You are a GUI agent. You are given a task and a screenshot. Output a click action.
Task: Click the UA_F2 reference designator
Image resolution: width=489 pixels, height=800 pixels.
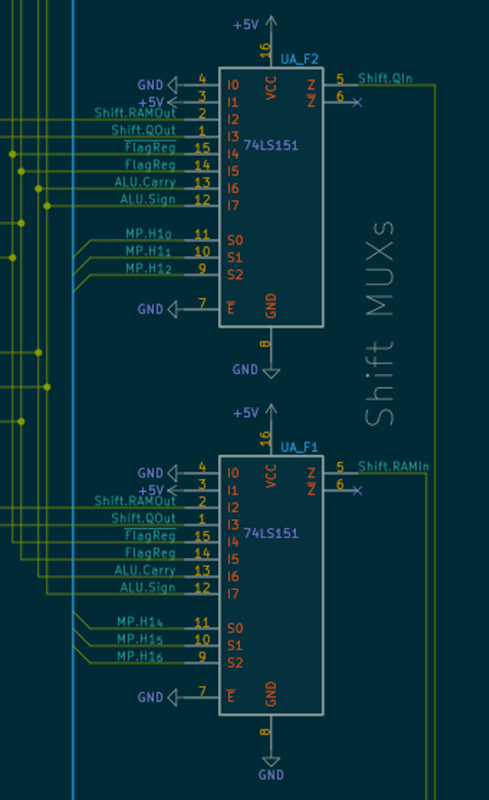(x=300, y=59)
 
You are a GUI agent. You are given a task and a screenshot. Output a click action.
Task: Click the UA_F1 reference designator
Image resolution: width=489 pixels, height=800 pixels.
(x=300, y=448)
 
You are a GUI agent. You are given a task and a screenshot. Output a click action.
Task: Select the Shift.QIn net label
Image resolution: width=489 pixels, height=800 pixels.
(x=385, y=78)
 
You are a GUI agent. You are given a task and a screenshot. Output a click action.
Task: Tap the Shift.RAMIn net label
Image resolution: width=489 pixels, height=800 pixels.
(x=393, y=467)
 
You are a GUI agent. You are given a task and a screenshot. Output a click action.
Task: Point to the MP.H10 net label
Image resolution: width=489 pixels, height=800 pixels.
(x=149, y=234)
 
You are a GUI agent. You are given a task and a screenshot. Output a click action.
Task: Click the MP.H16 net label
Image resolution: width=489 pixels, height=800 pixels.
(x=139, y=656)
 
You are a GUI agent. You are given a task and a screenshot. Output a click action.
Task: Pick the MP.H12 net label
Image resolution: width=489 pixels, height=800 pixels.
(x=149, y=268)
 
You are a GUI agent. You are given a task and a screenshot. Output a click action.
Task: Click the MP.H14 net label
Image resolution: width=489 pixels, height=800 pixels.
(x=139, y=622)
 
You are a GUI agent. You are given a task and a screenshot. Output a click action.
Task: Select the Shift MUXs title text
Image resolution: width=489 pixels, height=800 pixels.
(x=379, y=323)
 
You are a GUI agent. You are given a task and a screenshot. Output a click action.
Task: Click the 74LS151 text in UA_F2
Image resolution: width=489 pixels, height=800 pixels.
(x=271, y=145)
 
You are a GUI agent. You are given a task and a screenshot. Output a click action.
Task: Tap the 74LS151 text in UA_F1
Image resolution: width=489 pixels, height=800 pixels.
(x=271, y=534)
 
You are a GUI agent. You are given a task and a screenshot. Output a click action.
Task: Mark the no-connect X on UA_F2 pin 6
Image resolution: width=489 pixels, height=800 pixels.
(x=357, y=102)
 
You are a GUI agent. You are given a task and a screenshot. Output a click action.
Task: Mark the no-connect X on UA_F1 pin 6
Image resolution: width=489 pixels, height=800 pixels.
(x=357, y=490)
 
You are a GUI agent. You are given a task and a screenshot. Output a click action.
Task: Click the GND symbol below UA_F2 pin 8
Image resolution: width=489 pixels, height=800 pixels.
(x=271, y=373)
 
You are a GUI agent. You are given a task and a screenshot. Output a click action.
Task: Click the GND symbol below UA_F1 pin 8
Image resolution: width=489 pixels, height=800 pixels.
(x=271, y=762)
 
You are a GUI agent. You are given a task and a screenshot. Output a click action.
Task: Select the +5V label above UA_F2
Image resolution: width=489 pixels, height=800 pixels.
(x=245, y=24)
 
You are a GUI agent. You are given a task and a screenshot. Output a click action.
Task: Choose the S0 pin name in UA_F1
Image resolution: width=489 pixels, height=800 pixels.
(x=235, y=628)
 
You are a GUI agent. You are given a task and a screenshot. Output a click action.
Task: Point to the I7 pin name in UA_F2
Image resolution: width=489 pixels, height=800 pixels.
(x=233, y=206)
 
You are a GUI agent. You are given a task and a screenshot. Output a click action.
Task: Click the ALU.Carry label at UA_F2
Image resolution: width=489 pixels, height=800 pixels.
(x=145, y=182)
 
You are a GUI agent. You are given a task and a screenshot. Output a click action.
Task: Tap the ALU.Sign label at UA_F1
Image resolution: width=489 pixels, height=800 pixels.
(x=148, y=588)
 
